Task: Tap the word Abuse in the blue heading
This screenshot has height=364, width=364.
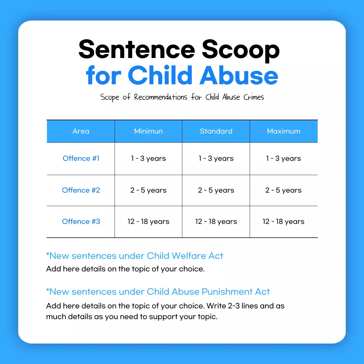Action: (239, 76)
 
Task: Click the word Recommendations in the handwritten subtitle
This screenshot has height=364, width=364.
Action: (161, 97)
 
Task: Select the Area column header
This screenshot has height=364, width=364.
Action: (81, 131)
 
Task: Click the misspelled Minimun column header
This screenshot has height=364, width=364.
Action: (148, 131)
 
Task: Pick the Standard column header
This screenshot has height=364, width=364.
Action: (216, 131)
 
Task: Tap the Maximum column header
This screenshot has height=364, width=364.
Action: (284, 131)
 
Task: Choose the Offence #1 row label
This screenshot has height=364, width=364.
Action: (81, 158)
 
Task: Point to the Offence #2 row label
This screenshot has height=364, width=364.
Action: (81, 190)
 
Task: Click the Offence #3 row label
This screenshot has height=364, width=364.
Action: (81, 222)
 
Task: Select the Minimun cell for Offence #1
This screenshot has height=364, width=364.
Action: (148, 158)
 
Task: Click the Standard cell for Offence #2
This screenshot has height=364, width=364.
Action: (216, 190)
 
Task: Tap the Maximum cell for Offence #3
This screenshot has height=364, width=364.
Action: (284, 222)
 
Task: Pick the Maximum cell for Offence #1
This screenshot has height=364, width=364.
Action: (284, 158)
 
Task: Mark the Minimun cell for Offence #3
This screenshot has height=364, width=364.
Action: (148, 222)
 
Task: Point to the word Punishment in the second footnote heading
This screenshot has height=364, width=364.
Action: (227, 292)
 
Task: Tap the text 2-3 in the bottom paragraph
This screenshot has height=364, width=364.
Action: (234, 306)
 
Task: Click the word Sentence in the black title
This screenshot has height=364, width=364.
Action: (137, 50)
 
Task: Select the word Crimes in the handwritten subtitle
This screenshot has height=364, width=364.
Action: (254, 97)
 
